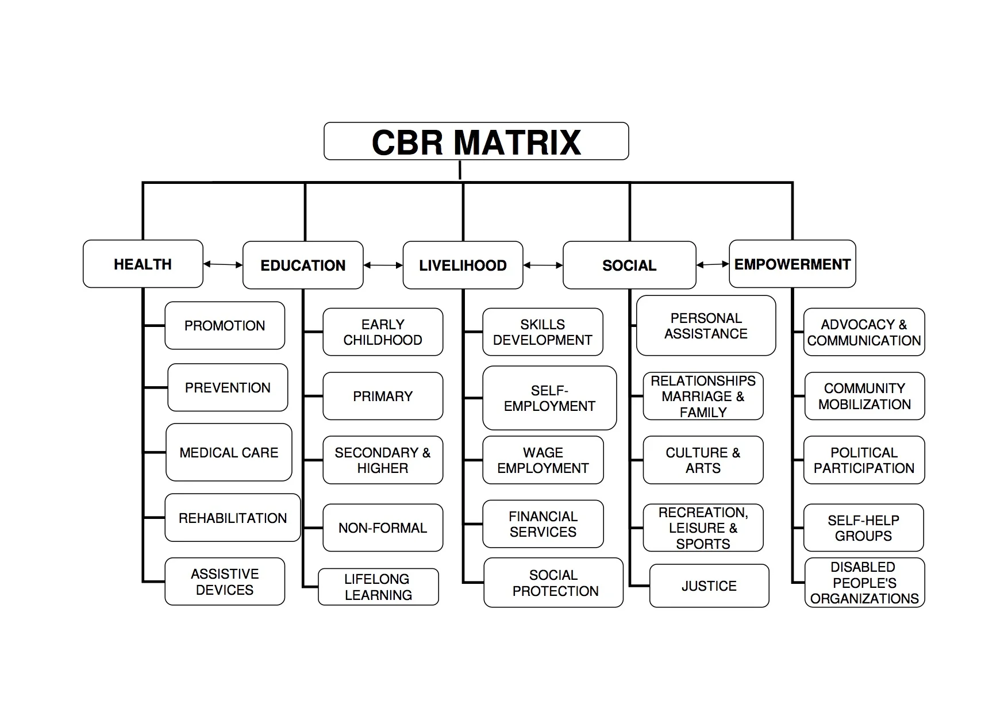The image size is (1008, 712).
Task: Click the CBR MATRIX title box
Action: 476,141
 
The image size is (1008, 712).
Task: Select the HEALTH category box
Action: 143,264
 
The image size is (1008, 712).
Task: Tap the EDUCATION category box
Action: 303,265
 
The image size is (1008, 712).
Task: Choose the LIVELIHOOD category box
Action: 463,265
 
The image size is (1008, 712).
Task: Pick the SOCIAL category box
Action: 629,265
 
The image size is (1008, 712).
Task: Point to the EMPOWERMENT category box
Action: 792,264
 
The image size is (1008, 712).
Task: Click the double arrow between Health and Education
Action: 223,264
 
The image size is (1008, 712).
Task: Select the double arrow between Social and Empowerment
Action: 713,264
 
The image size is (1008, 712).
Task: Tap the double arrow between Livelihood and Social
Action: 543,265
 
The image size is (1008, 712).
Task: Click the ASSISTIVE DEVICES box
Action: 225,582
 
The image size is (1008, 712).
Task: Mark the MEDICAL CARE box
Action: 229,452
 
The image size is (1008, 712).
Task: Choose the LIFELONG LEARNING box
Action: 378,587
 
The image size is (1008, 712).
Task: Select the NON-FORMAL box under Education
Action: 383,528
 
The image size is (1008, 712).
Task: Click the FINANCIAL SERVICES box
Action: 543,524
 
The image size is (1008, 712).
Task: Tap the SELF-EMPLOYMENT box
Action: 549,398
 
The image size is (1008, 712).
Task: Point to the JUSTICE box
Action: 709,586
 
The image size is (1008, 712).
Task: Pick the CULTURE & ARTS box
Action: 703,460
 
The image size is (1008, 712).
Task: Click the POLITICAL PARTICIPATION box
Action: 864,460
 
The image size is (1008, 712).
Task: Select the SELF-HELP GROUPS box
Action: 863,528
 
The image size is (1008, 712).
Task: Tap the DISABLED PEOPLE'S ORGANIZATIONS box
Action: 864,582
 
